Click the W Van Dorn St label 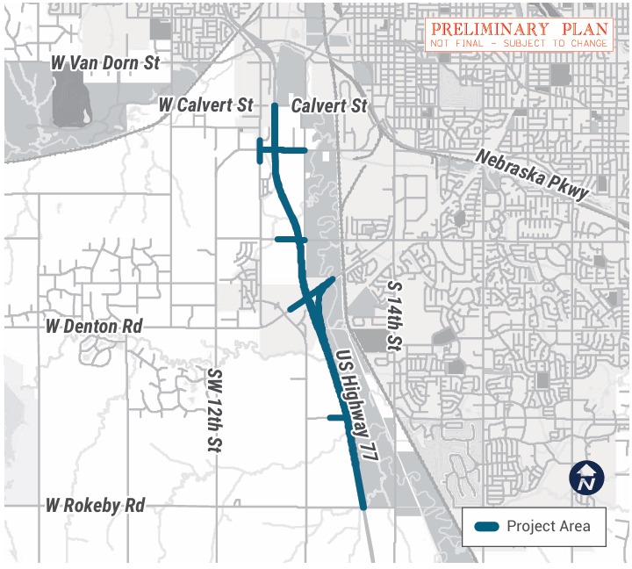pos(105,63)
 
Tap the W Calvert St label pos(205,104)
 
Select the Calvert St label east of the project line pos(329,105)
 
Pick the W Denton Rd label pos(95,327)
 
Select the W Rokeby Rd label pos(96,506)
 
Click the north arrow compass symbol pos(587,478)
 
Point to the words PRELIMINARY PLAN pos(519,28)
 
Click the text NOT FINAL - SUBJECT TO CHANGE pos(519,43)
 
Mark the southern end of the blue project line pos(363,505)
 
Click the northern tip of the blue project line pos(275,106)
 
